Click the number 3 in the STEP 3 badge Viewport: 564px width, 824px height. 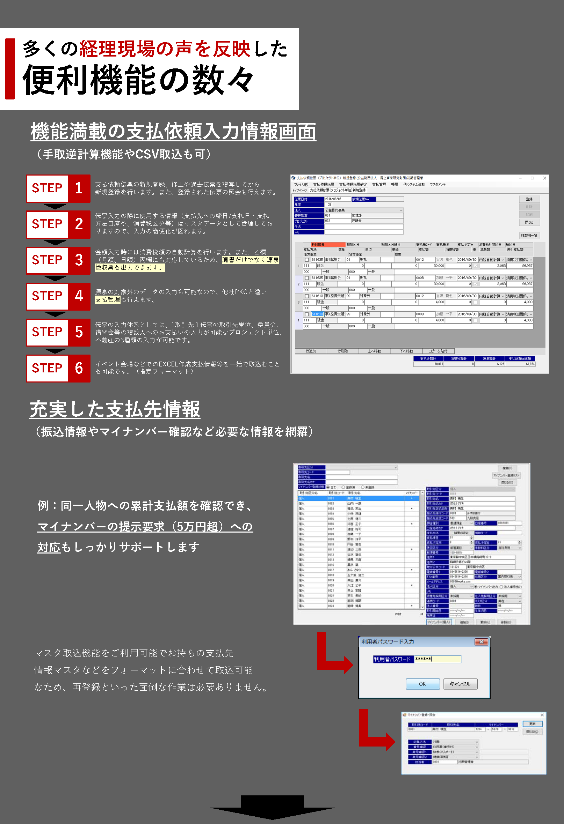click(79, 260)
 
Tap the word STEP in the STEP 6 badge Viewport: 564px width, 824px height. click(47, 368)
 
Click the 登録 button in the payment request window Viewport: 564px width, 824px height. click(529, 199)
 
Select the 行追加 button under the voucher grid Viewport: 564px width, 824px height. click(311, 351)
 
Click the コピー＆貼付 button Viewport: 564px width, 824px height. click(438, 351)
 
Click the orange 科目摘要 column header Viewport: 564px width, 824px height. click(327, 244)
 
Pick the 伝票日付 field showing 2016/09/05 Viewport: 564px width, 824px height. click(337, 199)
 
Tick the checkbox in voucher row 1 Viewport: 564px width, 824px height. click(307, 260)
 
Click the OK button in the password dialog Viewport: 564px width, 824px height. click(422, 684)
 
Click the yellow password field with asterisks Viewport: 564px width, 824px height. click(438, 659)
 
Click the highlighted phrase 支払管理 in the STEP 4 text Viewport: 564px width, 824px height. click(108, 299)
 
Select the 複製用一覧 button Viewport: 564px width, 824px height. click(529, 236)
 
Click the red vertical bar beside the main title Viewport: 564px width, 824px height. click(10, 69)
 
